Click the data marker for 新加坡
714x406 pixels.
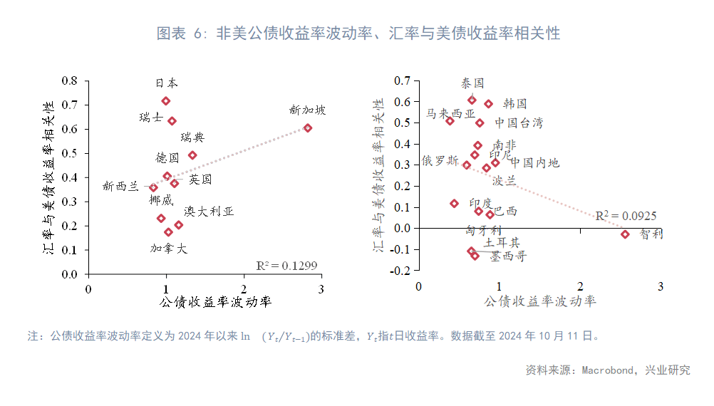308,128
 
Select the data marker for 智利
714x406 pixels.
626,234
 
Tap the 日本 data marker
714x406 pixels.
166,101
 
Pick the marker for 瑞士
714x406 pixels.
172,121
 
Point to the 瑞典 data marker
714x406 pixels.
192,155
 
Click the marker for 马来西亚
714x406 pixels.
450,121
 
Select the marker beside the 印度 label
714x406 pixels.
455,204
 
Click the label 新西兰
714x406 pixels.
120,187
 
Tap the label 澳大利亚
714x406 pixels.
209,212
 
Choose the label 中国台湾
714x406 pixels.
519,123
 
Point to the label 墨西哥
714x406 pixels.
508,256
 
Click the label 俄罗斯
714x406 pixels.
440,161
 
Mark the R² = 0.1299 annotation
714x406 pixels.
286,266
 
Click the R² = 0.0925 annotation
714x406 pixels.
626,216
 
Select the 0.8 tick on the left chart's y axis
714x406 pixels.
69,80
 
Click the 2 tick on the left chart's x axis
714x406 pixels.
244,289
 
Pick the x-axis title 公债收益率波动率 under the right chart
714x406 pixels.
540,301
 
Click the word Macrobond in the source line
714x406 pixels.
607,370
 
